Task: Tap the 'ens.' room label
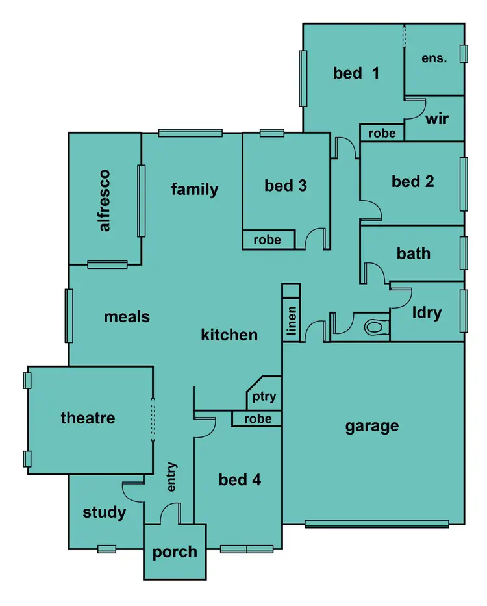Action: pos(434,58)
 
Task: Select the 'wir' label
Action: pos(436,120)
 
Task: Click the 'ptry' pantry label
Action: pos(264,396)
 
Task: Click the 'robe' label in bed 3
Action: pos(267,240)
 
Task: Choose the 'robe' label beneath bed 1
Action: pos(382,133)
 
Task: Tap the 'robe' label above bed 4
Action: pos(257,419)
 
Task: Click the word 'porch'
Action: pos(175,552)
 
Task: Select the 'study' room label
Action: pos(105,512)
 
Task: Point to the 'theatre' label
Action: pos(88,418)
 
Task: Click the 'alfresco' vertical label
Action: pos(105,200)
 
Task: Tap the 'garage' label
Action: pos(372,426)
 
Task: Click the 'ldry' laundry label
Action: pos(427,312)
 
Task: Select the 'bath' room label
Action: pos(413,253)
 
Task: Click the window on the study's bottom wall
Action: pos(106,549)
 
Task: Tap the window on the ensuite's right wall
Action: pos(464,54)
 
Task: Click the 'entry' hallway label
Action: pos(172,477)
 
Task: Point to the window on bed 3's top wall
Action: pos(272,133)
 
